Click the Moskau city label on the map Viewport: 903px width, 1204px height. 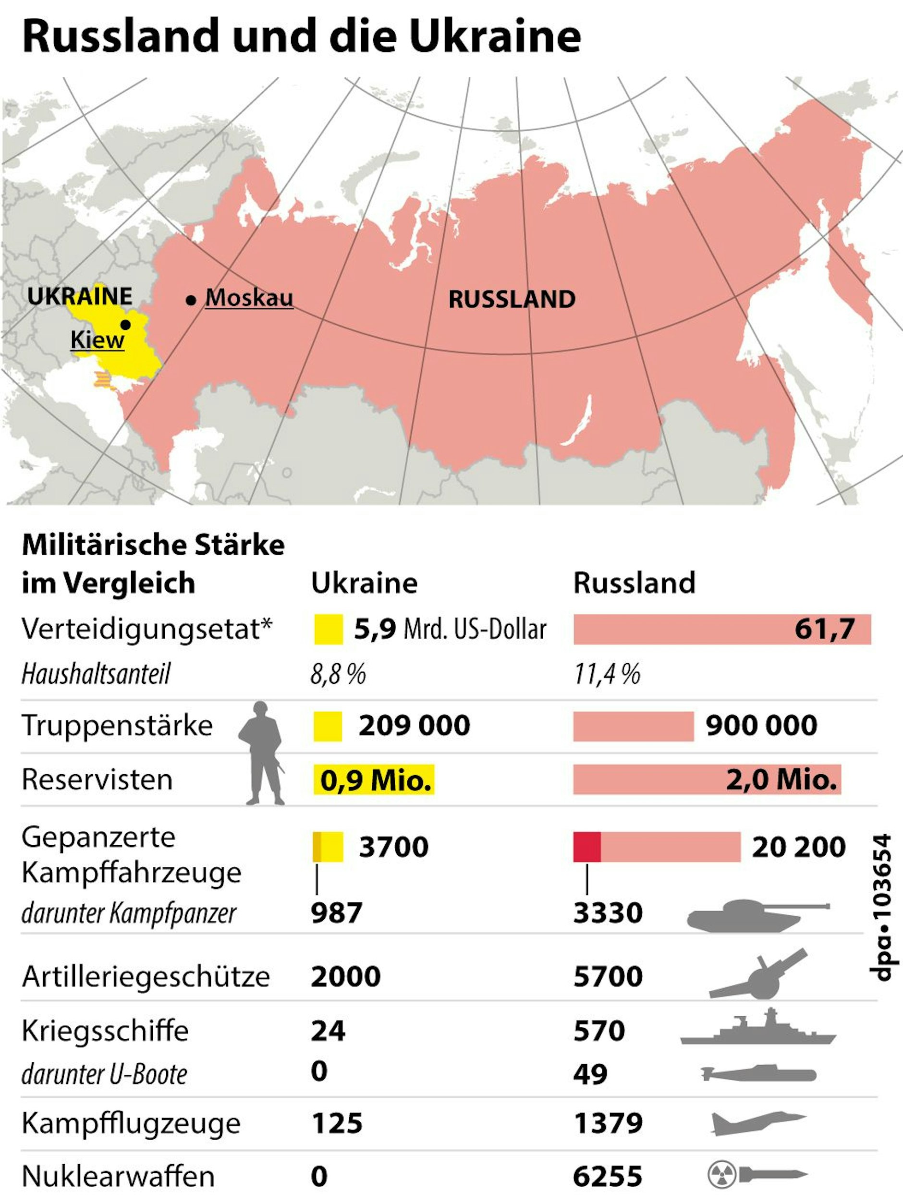pos(249,298)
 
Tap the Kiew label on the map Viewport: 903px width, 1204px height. pos(98,340)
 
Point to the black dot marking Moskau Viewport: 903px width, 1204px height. pos(191,300)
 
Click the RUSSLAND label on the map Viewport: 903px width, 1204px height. pos(512,299)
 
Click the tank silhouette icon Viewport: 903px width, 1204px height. pos(757,915)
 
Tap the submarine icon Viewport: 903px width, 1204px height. pos(758,1074)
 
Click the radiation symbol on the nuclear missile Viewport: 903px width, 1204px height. pos(721,1175)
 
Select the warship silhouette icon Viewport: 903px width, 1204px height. pos(757,1028)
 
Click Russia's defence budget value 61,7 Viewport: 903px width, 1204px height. pos(824,629)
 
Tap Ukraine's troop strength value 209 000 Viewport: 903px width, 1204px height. pos(414,726)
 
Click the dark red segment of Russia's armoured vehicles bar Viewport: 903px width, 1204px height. pos(587,847)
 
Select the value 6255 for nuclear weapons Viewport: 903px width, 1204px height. pos(608,1176)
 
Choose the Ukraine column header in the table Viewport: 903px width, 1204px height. pos(364,583)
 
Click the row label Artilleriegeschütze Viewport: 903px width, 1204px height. pos(146,976)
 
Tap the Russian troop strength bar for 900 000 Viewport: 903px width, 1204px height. pos(633,726)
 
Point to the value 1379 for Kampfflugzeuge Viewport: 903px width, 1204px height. pos(608,1123)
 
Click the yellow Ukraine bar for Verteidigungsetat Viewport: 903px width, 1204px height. pos(328,629)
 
